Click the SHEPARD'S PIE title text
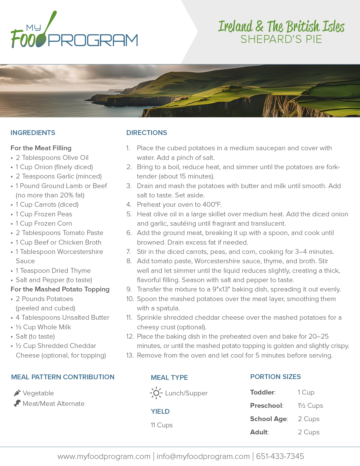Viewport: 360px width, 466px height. point(281,39)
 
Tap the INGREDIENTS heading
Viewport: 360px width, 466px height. point(33,133)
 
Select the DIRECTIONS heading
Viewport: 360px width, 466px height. point(147,133)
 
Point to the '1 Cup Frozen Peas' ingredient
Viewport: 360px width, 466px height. point(44,214)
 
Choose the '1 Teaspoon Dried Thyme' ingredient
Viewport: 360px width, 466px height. point(53,271)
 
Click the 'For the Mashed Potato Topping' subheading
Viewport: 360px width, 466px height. point(60,289)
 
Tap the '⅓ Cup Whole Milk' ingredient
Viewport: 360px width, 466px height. point(43,327)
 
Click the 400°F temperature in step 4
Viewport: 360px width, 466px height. point(212,204)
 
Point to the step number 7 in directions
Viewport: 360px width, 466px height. point(128,252)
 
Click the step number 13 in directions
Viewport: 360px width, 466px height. point(130,355)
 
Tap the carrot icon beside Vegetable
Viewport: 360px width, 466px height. point(17,393)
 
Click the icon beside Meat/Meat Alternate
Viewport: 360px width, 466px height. point(17,403)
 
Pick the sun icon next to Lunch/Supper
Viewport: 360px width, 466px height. point(156,393)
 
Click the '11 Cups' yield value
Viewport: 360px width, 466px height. point(162,425)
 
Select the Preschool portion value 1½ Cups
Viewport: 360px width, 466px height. point(310,406)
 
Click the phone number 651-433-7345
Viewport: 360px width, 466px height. point(280,456)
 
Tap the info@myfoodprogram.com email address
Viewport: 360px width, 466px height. point(203,456)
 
